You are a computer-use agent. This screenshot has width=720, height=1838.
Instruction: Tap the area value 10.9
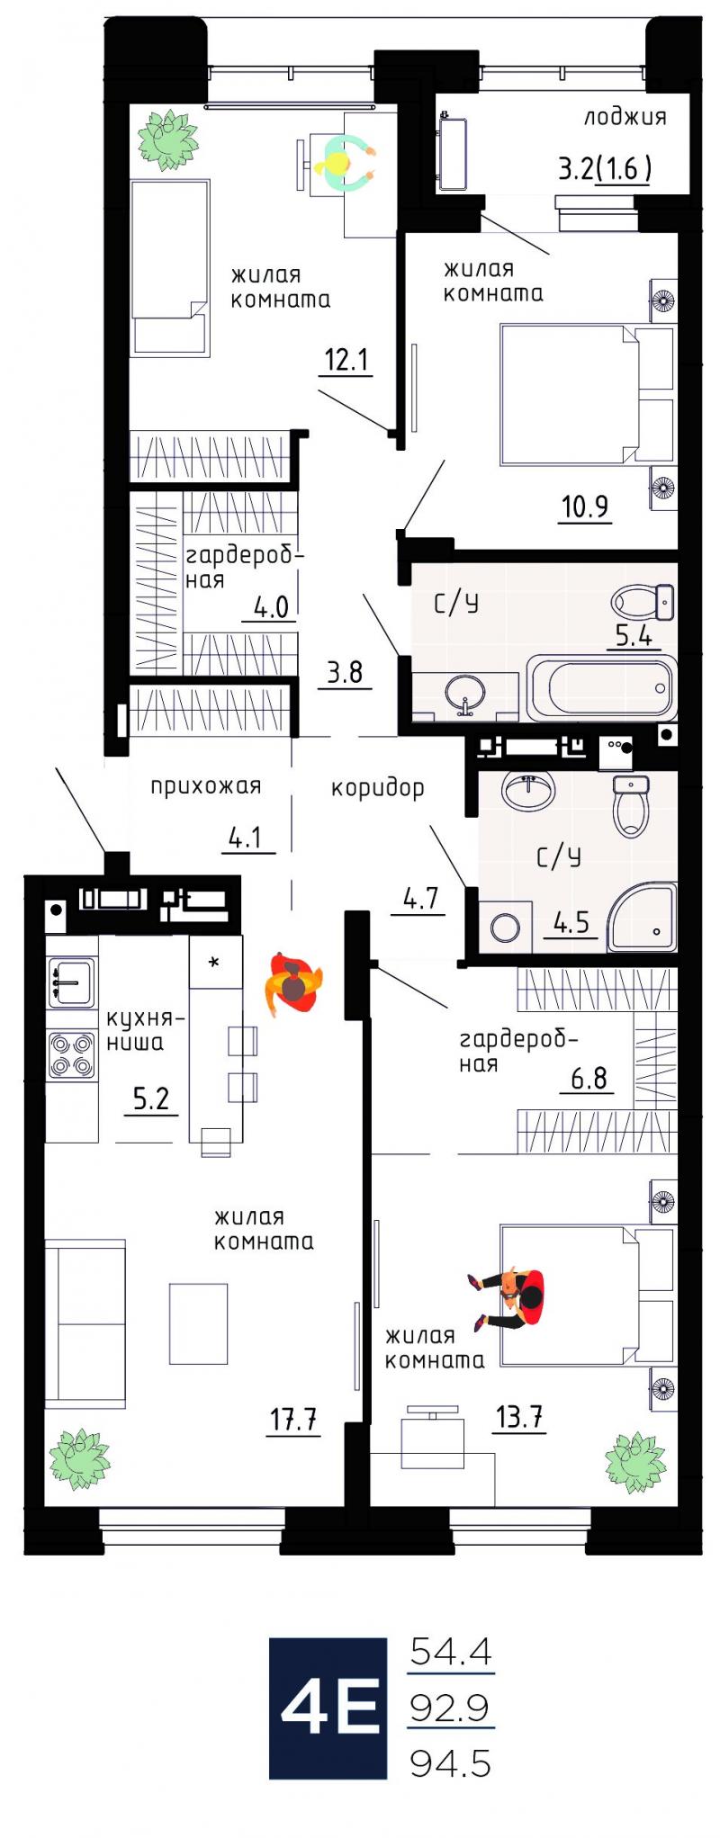tap(586, 507)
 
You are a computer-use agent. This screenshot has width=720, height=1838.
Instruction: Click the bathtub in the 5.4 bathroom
tap(601, 688)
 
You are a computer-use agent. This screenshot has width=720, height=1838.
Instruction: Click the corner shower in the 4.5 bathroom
tap(642, 917)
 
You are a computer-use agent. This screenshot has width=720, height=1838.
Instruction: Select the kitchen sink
tap(71, 982)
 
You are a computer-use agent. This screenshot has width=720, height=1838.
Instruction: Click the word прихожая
tap(205, 786)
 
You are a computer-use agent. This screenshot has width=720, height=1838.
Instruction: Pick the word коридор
tap(377, 789)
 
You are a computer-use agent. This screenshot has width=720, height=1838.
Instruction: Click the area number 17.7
tap(293, 1420)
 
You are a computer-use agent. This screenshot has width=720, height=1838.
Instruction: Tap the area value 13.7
tap(519, 1418)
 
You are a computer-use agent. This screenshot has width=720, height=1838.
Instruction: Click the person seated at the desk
tap(344, 161)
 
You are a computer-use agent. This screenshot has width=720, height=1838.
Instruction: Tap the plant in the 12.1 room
tap(167, 139)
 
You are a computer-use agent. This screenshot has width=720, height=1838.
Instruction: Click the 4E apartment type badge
tap(328, 1708)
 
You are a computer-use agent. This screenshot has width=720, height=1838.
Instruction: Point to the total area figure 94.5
tap(451, 1763)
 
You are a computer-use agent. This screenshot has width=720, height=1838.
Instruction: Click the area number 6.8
tap(589, 1078)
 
